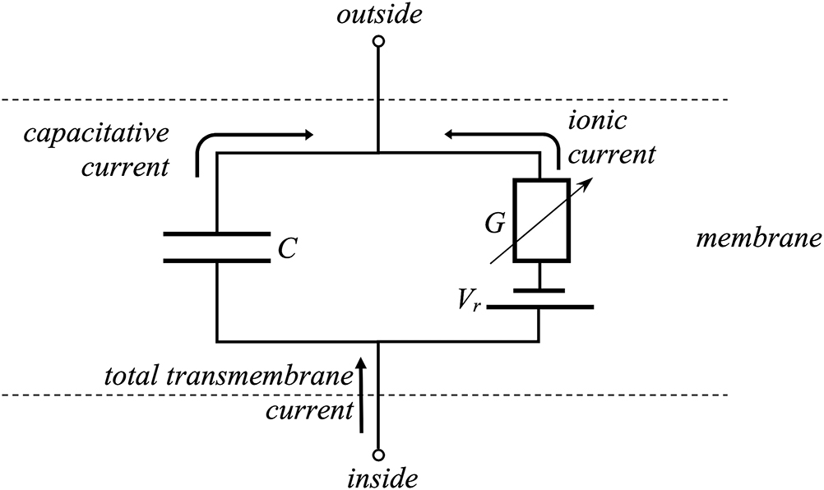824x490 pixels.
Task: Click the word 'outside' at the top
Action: tap(377, 16)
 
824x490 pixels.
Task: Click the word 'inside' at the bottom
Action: tap(377, 478)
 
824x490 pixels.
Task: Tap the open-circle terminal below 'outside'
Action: tap(377, 40)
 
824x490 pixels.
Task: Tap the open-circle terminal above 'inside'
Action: tap(377, 454)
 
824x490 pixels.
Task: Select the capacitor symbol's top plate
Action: tap(216, 233)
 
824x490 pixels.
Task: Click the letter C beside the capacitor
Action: tap(286, 248)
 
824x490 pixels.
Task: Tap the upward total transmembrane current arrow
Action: tap(360, 395)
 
